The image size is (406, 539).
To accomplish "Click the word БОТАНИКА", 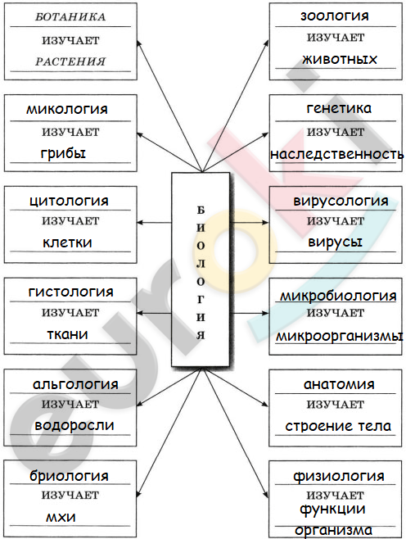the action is coord(70,17).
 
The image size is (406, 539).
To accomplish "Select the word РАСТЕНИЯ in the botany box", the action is coord(70,61).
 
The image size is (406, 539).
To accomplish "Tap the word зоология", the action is coord(335,16).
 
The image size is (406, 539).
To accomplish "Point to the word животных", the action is coord(340,60).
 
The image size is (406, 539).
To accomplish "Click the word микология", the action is coord(67,109).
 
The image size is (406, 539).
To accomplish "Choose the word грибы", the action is coord(63,153).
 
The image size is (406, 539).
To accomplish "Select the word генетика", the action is coord(339,108).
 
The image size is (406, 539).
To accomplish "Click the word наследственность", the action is coord(336,154).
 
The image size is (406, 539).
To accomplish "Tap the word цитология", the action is coord(69,201).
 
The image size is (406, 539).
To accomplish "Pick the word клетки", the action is coord(67,242).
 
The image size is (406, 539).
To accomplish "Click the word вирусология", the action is coord(341,201).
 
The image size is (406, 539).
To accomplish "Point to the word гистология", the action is coord(70,292).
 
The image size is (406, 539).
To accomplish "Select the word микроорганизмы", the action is coord(340,336).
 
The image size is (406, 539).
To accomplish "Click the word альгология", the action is coord(75,384).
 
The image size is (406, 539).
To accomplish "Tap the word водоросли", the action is coord(74,426).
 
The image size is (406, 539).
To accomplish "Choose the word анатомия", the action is coord(339,384).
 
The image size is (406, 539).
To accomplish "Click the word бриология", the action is coord(69,476).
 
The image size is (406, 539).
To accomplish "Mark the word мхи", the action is coord(61,518).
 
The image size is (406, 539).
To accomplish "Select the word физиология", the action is coord(339,476).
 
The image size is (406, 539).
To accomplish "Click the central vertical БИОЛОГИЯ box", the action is coord(201,269).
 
